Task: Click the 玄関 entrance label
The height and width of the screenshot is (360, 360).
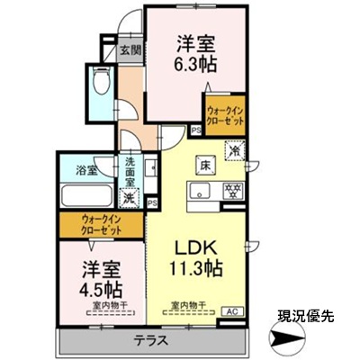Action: point(130,50)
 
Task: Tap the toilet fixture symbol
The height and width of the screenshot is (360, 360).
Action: point(102,84)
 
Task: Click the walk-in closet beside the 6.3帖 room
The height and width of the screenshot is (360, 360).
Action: point(222,115)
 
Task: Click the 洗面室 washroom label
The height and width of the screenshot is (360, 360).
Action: point(130,170)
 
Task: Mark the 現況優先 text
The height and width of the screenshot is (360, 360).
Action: point(304,317)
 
